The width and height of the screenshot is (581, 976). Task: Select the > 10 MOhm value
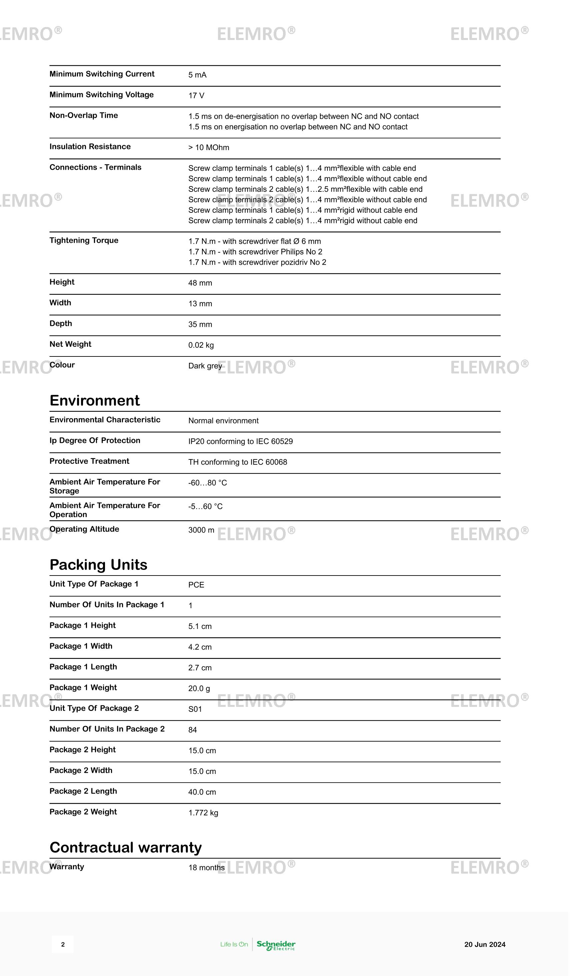[209, 148]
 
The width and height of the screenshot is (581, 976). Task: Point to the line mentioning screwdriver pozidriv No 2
[257, 262]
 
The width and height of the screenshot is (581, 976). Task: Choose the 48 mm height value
[200, 283]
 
